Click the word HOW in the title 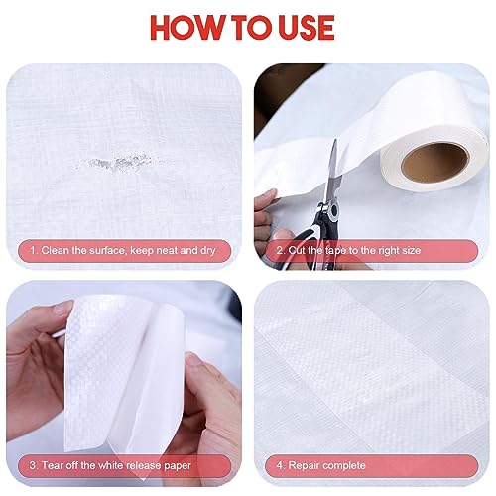pyautogui.click(x=188, y=28)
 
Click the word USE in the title pyautogui.click(x=307, y=28)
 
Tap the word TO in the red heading pyautogui.click(x=253, y=28)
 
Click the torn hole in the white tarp pyautogui.click(x=114, y=163)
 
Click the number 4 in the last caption pyautogui.click(x=280, y=465)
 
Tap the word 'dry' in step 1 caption pyautogui.click(x=208, y=251)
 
